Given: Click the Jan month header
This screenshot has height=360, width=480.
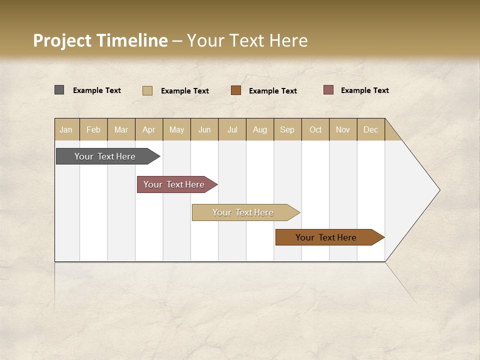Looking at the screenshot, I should click(66, 129).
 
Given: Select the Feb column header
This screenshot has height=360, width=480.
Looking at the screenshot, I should click(93, 129).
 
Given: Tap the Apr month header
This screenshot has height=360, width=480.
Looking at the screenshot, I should click(149, 129).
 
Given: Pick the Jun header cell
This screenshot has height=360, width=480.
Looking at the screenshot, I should click(204, 129).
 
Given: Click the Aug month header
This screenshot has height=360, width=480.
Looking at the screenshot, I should click(260, 129).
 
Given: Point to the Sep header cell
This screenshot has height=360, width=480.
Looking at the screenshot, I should click(287, 129).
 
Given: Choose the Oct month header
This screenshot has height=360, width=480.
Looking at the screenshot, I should click(315, 129).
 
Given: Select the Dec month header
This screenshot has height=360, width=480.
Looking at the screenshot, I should click(371, 129).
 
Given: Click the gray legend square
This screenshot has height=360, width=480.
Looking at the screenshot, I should click(59, 90).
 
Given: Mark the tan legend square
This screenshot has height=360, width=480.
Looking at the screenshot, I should click(147, 90).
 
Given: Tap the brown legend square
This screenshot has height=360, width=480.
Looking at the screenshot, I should click(236, 90).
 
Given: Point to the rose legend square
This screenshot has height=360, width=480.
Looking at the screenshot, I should click(328, 90).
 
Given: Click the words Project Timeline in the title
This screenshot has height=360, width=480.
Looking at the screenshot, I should click(100, 40).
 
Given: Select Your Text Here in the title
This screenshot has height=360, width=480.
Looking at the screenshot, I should click(247, 40).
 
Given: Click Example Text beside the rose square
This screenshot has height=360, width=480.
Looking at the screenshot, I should click(364, 90).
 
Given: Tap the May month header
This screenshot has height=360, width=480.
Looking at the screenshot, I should click(176, 129).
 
